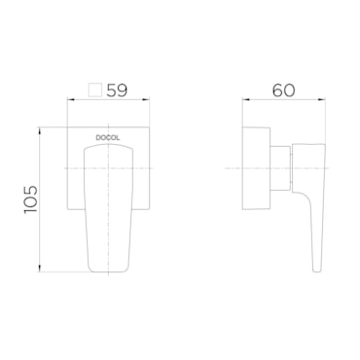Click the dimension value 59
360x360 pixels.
tap(117, 90)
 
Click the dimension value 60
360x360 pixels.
tap(283, 90)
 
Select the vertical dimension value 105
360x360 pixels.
tap(31, 199)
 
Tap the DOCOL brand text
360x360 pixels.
tap(108, 138)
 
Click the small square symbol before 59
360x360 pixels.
tap(95, 90)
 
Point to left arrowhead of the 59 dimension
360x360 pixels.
tap(69, 100)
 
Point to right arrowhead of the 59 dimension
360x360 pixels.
tap(148, 100)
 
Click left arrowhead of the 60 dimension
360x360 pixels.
tap(245, 100)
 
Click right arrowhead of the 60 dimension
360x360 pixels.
tap(323, 100)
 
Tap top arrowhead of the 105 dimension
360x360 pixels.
tap(40, 129)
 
